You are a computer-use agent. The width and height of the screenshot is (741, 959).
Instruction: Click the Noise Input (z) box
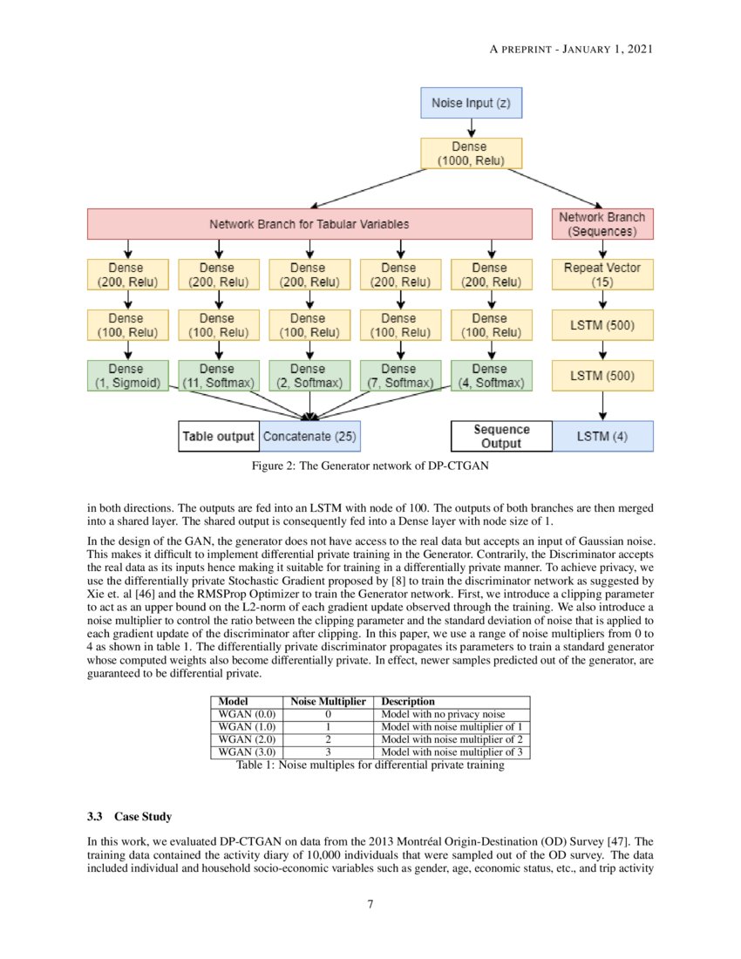click(471, 104)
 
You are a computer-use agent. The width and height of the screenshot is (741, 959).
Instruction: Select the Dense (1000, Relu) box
click(471, 153)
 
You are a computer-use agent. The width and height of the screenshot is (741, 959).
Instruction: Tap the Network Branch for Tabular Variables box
click(309, 224)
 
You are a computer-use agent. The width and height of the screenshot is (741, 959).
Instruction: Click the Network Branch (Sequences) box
click(602, 224)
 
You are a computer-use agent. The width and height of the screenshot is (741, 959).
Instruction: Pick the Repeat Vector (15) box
click(602, 275)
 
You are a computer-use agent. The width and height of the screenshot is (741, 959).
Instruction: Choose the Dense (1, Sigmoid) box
click(128, 376)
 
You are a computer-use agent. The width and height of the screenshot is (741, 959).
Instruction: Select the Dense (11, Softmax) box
click(219, 376)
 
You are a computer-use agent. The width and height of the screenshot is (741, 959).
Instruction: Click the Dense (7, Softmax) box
click(399, 376)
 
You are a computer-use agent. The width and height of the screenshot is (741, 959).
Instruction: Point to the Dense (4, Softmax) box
click(490, 376)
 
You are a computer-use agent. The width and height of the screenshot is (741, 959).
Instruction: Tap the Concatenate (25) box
click(309, 436)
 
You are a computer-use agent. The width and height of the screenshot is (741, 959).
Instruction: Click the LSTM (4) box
click(602, 436)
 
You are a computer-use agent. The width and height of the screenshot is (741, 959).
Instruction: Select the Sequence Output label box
click(501, 436)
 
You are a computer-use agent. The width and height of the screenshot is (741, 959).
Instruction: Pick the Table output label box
click(218, 436)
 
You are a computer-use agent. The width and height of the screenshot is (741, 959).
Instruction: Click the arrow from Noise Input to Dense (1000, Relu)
click(471, 127)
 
